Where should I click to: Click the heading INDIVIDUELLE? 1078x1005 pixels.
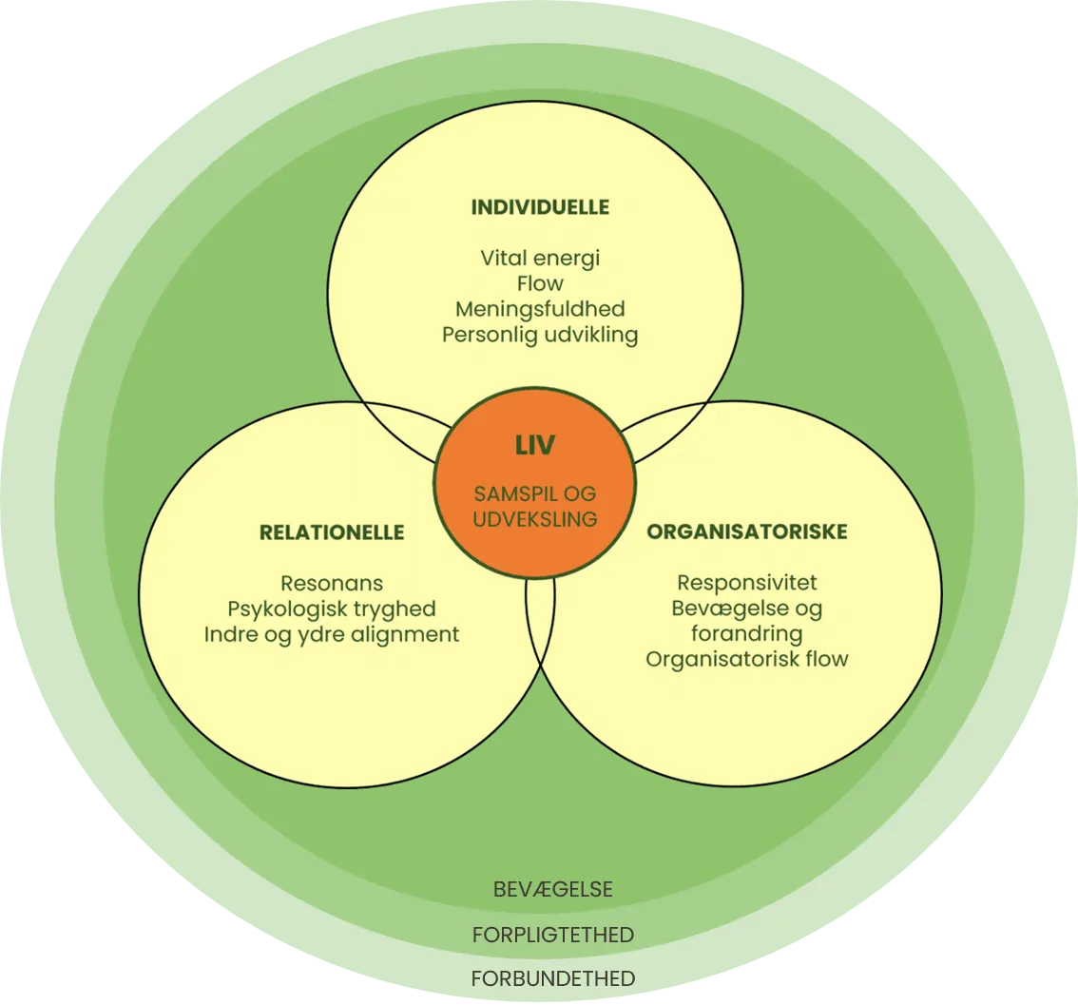540,207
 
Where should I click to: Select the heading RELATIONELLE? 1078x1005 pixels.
332,532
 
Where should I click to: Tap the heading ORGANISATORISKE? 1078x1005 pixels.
747,531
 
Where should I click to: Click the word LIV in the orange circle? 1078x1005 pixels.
535,445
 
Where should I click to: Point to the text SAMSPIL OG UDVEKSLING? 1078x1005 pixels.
536,507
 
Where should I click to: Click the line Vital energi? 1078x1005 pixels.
540,258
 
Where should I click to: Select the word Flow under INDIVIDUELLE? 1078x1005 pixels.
540,283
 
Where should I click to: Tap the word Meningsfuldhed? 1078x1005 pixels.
540,309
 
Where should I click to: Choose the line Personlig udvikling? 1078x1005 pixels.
540,335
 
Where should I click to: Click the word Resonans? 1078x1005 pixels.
332,583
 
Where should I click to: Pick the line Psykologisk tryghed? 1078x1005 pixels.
332,609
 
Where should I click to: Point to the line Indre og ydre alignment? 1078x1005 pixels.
332,634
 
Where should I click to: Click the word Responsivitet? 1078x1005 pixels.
747,582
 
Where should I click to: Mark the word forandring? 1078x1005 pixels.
747,633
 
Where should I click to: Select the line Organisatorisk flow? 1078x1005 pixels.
747,658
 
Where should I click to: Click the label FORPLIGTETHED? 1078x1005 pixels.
553,935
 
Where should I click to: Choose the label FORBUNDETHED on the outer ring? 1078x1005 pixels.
553,978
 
